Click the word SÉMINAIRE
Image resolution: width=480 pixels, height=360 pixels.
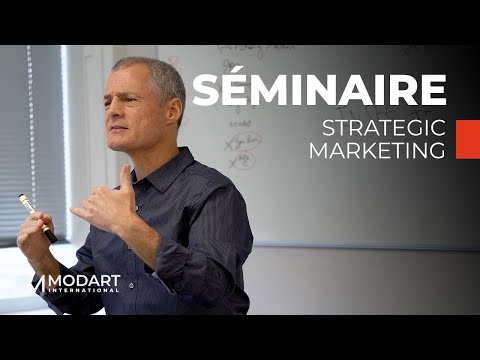coord(318,89)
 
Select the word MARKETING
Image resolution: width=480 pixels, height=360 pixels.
coord(375,151)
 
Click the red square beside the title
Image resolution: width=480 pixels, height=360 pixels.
coord(467,139)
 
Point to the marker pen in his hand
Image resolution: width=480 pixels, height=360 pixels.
coord(36,216)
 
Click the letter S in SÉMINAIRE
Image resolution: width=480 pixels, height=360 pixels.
coord(205,89)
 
